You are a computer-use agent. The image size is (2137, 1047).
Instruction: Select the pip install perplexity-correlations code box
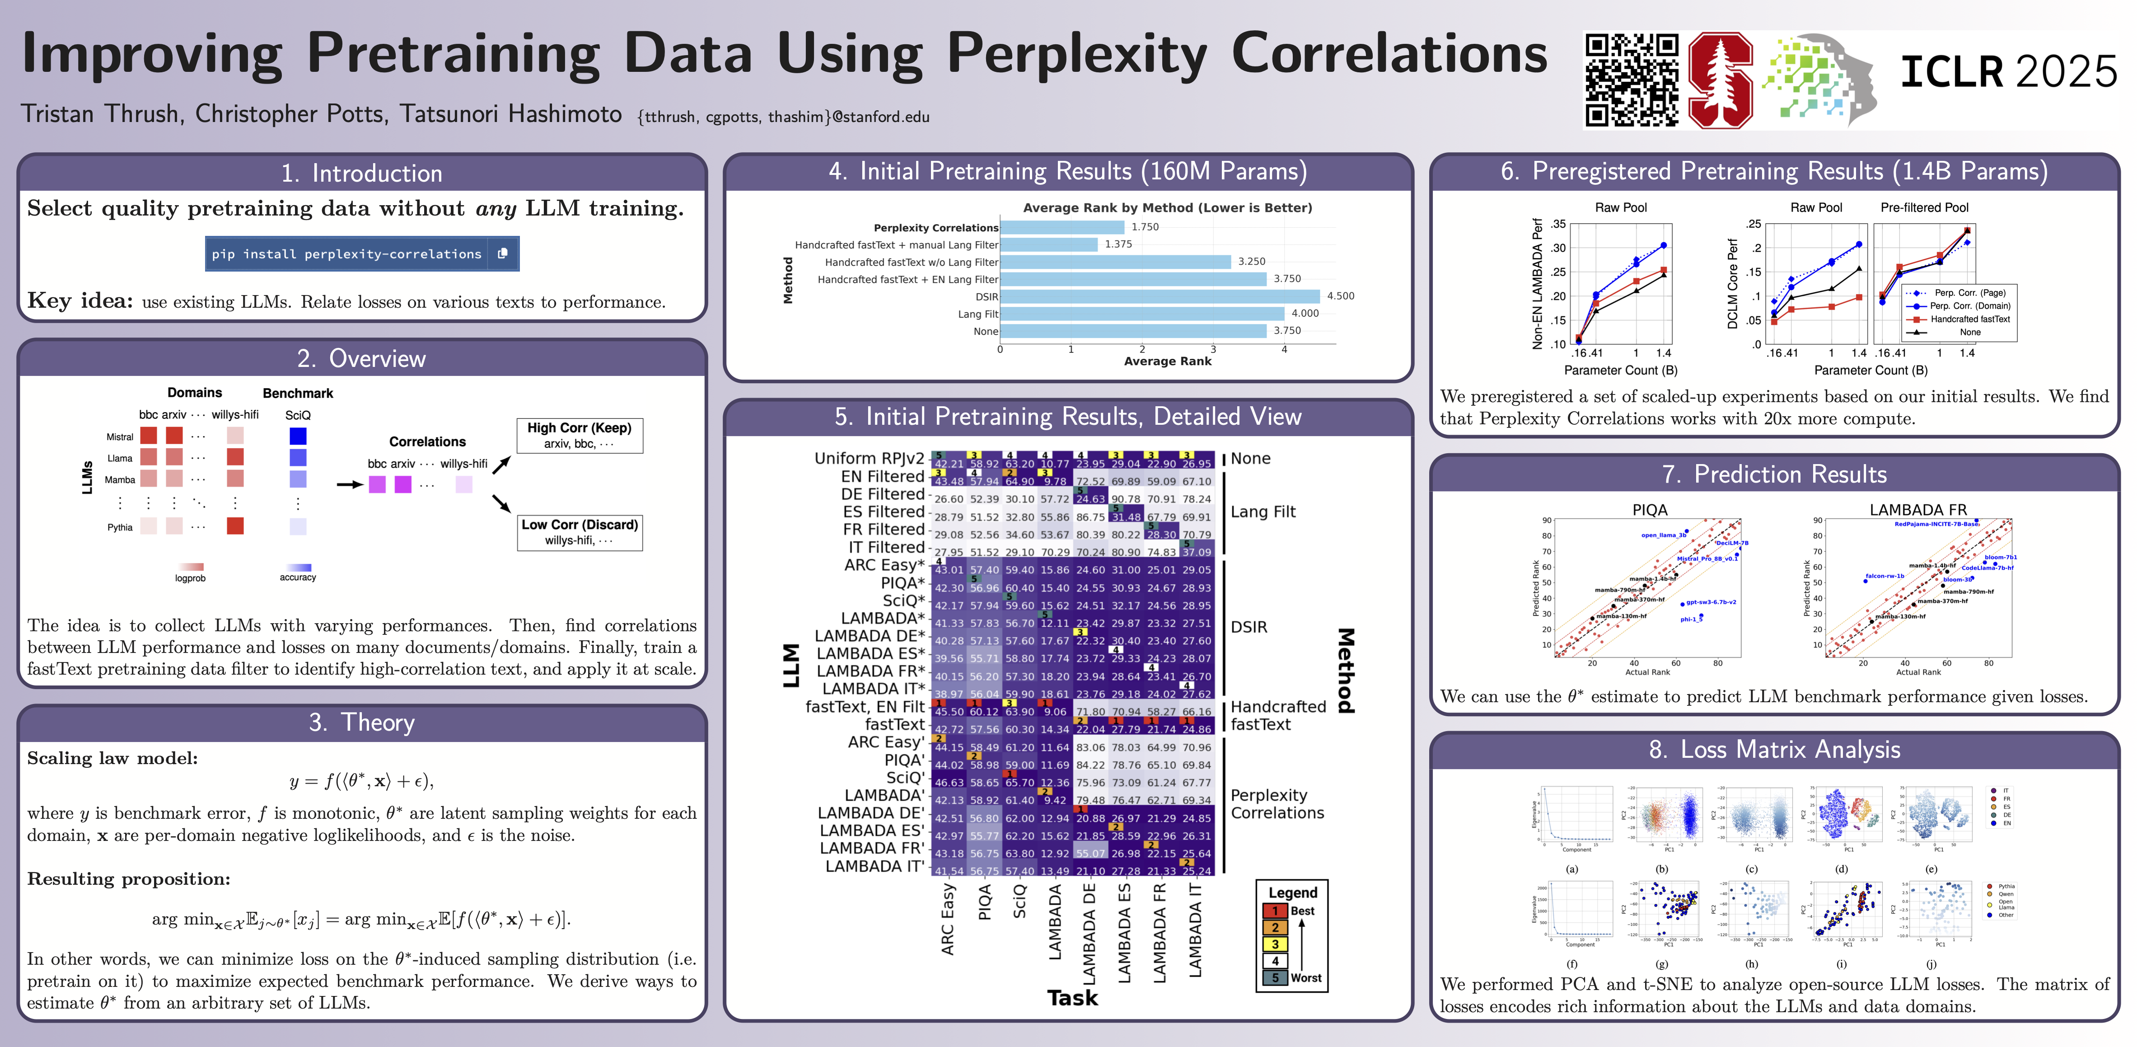362,254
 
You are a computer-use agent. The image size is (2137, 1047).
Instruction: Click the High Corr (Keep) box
579,435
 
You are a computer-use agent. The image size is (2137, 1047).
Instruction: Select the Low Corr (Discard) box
579,532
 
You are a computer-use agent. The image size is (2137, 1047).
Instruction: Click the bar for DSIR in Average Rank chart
1160,296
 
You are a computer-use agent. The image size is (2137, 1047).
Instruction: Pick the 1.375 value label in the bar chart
1118,244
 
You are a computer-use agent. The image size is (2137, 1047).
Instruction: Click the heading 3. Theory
362,723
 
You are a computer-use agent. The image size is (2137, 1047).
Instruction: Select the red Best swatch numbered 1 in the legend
1275,911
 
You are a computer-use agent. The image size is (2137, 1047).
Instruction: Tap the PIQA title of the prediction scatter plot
1649,509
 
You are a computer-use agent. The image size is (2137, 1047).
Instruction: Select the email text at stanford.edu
783,117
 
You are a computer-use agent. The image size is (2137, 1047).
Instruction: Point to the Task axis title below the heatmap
1072,998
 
